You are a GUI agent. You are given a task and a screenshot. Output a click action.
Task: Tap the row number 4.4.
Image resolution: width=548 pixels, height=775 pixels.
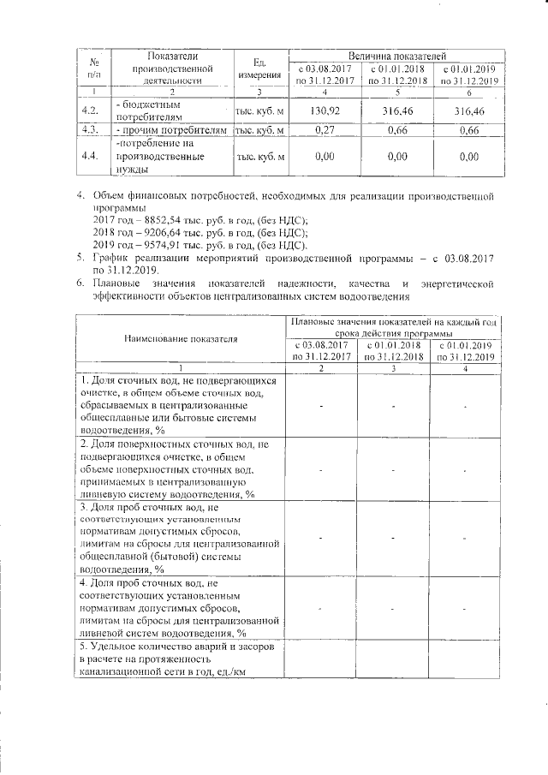[87, 157]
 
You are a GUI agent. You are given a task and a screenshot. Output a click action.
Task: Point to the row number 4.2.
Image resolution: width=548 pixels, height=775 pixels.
[87, 110]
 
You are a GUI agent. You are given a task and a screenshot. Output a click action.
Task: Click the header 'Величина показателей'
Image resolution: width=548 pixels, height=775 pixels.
[396, 55]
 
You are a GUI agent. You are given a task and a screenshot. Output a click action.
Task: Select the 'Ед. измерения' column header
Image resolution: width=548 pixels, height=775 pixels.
[261, 69]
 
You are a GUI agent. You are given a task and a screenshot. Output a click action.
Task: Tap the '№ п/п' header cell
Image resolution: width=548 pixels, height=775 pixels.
[87, 69]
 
